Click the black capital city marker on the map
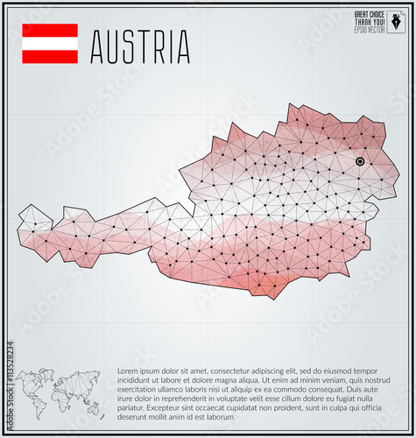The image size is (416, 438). (360, 161)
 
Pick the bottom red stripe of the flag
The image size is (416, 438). (49, 56)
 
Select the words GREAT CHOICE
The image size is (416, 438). (368, 15)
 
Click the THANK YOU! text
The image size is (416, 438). (368, 22)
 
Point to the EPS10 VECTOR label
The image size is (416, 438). (368, 30)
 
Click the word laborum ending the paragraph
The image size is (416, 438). (219, 418)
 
